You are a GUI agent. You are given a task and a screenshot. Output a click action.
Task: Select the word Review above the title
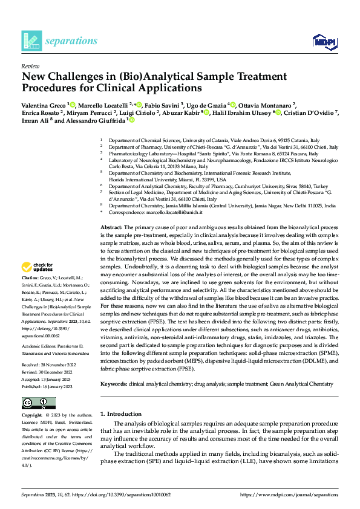(30, 66)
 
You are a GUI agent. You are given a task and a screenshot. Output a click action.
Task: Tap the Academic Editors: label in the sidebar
(38, 331)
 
